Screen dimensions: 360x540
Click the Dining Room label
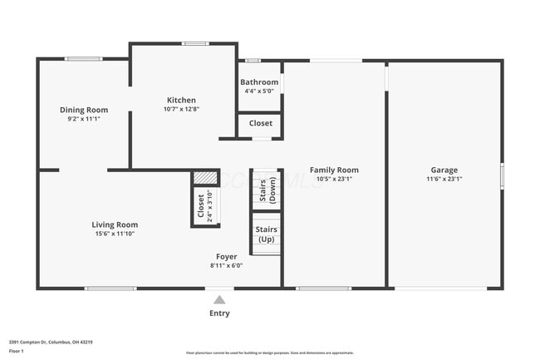[x=84, y=110]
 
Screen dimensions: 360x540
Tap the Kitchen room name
[x=181, y=100]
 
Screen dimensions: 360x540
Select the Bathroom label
[x=259, y=82]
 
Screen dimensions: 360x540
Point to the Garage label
[x=444, y=170]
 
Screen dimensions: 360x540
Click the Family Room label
[x=334, y=170]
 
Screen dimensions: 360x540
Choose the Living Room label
[x=115, y=224]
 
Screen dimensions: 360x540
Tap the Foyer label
[x=227, y=257]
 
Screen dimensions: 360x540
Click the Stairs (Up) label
[x=266, y=234]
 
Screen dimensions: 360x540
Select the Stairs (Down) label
[x=268, y=191]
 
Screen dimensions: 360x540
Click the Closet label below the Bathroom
[x=260, y=123]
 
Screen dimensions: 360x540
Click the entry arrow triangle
[x=218, y=299]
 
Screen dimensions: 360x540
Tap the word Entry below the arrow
[x=218, y=313]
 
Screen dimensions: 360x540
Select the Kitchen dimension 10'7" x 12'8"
[x=181, y=109]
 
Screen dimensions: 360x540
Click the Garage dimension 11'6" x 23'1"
[x=444, y=179]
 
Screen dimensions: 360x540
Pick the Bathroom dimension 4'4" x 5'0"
[x=259, y=91]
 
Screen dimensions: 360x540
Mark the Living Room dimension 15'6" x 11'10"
[x=115, y=234]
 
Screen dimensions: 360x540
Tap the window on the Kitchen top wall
[x=195, y=43]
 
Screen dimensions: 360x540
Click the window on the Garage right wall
[x=501, y=176]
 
